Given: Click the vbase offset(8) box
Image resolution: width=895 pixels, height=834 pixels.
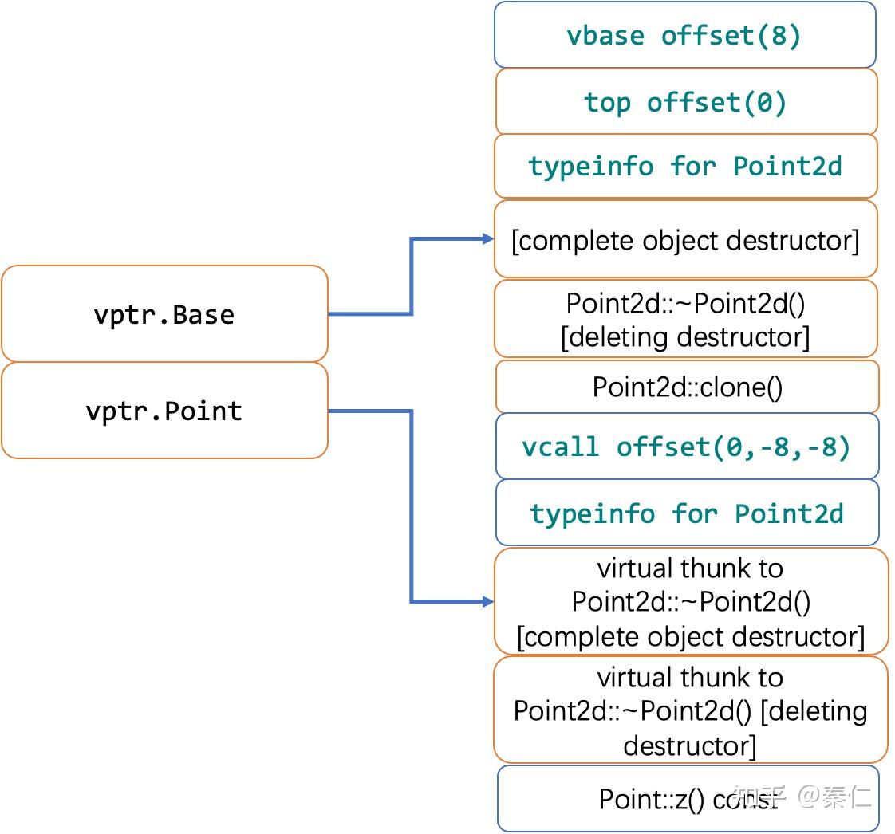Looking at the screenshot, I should [684, 35].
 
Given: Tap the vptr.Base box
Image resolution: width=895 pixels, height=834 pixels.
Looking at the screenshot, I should [164, 313].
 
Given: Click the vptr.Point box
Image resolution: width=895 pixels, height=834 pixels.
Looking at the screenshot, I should [164, 411].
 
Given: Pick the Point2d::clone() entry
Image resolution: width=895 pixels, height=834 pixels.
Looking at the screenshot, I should [687, 387].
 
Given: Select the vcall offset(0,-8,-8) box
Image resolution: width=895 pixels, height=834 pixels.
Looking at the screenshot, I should [687, 447].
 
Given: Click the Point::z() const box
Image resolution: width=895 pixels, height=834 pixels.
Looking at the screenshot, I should [688, 798].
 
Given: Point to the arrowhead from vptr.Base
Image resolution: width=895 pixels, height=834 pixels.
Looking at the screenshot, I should [488, 238].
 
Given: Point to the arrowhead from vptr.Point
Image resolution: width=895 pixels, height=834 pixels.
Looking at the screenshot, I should [488, 601].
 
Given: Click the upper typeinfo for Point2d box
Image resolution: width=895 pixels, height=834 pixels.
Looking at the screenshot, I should [685, 166].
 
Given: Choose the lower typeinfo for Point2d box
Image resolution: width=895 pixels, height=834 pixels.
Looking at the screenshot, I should [687, 513].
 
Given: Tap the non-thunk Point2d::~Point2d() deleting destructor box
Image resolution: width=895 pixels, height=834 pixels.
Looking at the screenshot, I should [685, 319].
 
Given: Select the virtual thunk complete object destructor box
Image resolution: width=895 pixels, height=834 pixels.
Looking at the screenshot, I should [691, 601].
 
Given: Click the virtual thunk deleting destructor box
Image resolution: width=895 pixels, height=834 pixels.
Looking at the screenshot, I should [690, 710].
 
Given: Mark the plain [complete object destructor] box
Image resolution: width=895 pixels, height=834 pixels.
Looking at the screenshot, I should [685, 240].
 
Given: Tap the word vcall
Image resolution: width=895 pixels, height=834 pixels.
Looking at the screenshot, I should [560, 447].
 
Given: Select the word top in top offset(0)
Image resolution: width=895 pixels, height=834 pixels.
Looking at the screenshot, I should [607, 102].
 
